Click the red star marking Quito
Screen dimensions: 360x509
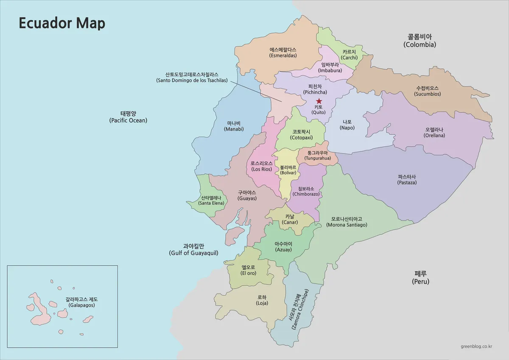coord(319,101)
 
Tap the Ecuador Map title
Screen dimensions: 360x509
coord(62,23)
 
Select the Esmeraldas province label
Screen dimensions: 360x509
coord(283,53)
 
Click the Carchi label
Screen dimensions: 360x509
coord(349,54)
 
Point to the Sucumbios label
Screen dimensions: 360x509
coord(428,91)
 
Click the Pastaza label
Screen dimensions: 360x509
coord(407,179)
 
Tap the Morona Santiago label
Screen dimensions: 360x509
coord(347,222)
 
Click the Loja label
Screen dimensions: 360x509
coord(262,300)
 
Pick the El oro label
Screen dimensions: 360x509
coord(248,270)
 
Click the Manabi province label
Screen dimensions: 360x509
coord(235,126)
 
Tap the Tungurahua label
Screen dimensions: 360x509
coord(318,155)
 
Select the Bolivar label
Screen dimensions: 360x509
coord(288,170)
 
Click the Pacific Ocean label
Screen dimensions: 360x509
coord(128,117)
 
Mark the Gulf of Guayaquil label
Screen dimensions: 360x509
coord(193,249)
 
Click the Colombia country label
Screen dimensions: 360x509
coord(420,41)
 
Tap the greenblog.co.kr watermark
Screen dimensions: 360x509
coord(476,346)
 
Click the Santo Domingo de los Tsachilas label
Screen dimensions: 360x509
coord(192,77)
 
